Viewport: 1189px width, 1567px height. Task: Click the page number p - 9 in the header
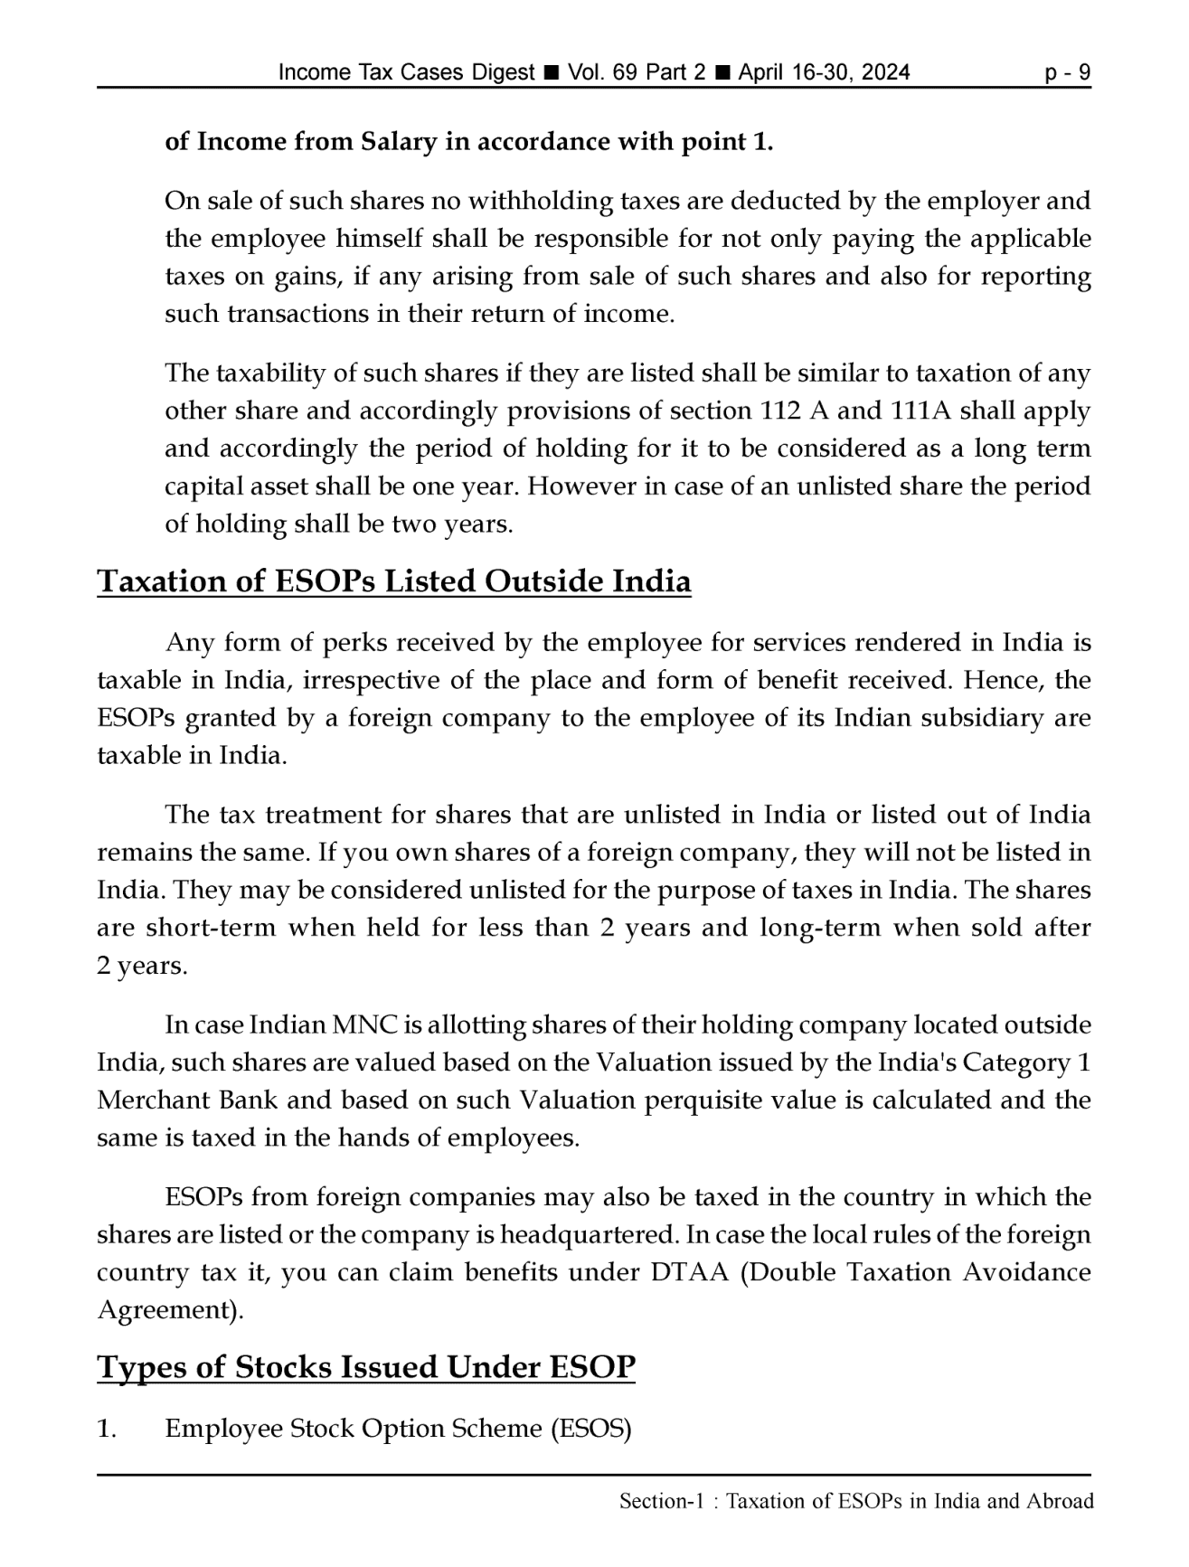(1067, 72)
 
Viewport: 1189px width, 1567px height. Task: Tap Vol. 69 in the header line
(601, 72)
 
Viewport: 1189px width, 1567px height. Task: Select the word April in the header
(764, 72)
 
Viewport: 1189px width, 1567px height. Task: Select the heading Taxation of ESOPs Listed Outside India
(393, 581)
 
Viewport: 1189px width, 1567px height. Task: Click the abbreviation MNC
(365, 1025)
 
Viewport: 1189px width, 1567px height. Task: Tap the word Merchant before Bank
(153, 1100)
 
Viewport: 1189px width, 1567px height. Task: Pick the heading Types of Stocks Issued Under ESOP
(366, 1367)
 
